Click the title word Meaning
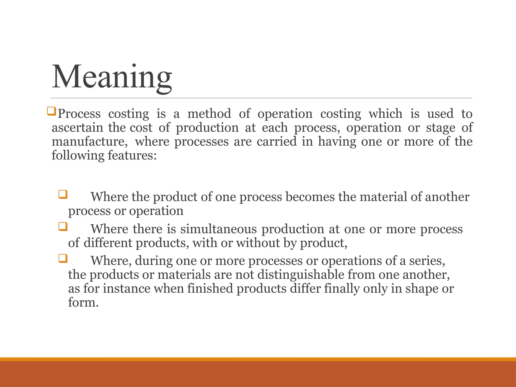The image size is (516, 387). point(112,77)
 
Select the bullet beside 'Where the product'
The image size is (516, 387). point(63,195)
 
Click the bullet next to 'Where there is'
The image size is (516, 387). point(63,227)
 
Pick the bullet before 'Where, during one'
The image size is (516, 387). point(63,259)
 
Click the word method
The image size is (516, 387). point(209,114)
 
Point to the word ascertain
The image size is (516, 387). point(77,127)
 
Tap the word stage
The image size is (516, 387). point(440,128)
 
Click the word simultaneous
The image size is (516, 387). point(218,229)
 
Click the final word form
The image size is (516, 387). point(83,302)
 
